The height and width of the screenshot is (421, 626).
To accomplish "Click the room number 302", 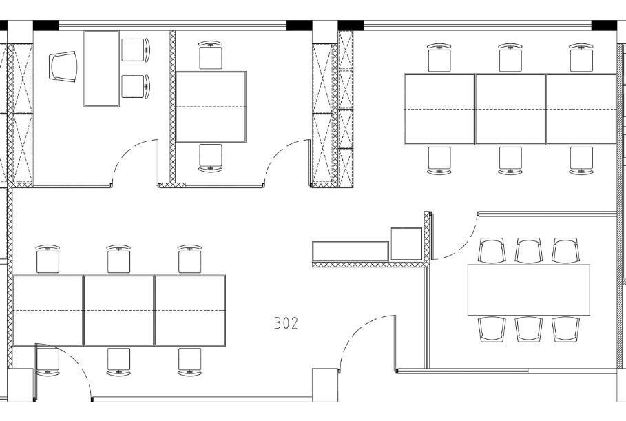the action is click(x=286, y=323).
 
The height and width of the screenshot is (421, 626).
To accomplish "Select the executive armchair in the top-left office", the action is click(x=63, y=66).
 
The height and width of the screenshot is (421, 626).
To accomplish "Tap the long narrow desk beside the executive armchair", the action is click(x=101, y=69).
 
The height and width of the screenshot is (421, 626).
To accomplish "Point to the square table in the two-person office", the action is click(x=211, y=107).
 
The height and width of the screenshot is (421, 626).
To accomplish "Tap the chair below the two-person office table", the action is click(x=211, y=158).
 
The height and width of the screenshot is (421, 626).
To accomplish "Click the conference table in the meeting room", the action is click(x=529, y=290).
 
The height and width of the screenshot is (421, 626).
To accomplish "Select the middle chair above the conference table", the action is click(x=529, y=250).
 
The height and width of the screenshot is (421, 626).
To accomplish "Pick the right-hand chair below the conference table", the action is click(x=565, y=329).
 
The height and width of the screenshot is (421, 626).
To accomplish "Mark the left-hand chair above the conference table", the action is click(x=492, y=250).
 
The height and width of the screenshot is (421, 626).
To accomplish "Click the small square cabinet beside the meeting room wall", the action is click(x=406, y=244).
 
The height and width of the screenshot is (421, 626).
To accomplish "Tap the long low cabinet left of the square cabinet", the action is click(x=351, y=251).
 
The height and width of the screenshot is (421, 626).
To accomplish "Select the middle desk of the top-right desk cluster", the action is click(x=510, y=109).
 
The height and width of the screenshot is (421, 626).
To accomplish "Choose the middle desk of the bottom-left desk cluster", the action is click(x=119, y=310).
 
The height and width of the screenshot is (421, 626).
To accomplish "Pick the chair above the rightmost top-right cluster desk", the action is click(x=581, y=58).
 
